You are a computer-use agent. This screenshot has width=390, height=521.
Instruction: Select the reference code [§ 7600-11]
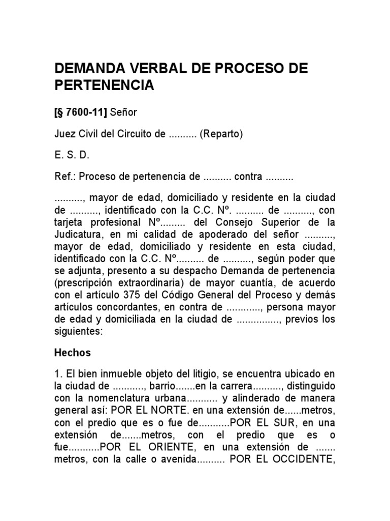click(x=80, y=112)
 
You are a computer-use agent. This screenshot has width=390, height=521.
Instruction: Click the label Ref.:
click(x=65, y=177)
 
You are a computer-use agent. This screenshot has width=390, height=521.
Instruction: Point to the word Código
click(x=212, y=295)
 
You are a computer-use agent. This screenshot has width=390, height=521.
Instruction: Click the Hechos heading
click(x=72, y=353)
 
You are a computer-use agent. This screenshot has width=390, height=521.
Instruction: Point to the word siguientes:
click(x=79, y=332)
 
